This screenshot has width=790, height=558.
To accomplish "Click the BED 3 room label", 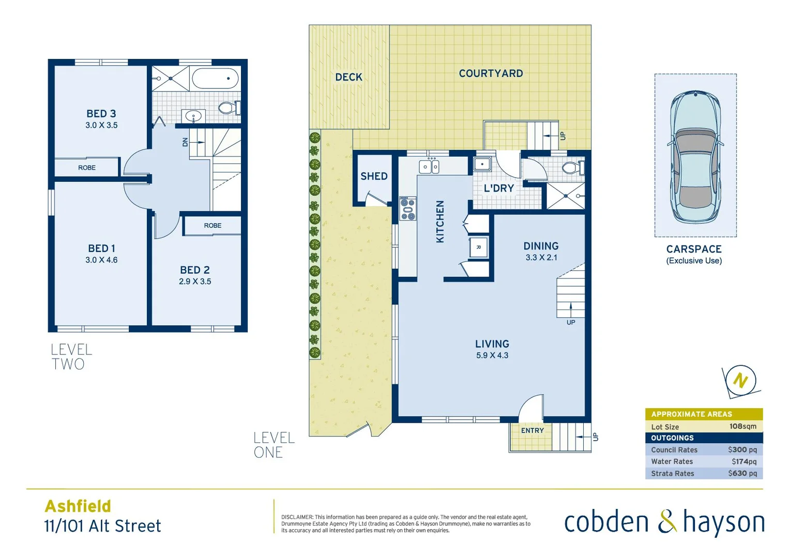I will coord(101,114).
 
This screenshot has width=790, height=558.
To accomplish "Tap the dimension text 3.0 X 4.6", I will coord(101,260).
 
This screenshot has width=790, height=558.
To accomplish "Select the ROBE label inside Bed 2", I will coord(212,226).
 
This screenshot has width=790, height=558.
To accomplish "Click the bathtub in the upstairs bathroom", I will coord(215,79).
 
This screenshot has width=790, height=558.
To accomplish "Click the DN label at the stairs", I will coord(185,142).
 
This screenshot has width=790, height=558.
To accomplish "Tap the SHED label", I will coord(374,176).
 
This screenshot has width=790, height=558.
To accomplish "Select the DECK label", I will coord(348,77).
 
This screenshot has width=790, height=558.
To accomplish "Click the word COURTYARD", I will coord(491,73).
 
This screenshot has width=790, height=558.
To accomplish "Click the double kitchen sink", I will coord(429,167).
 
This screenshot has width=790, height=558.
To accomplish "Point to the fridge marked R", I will coord(478,247).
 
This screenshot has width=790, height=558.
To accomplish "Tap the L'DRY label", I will coord(498,189).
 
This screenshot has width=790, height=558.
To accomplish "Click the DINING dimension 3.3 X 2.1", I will coord(541,257).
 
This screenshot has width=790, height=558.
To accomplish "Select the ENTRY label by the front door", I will coord(532,430).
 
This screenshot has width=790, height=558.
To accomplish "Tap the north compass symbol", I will coord(740,381).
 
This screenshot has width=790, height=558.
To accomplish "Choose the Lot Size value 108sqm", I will coord(742,427).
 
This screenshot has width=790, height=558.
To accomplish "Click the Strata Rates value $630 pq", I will coord(742,473).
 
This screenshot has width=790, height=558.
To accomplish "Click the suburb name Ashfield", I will coord(78,506).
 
